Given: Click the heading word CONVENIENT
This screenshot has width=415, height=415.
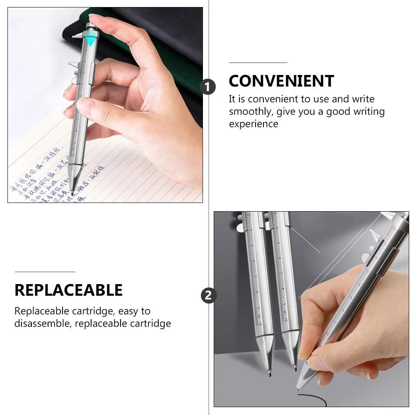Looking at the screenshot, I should coord(281,81).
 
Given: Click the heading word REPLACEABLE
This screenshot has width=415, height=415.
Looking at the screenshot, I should coord(68,290).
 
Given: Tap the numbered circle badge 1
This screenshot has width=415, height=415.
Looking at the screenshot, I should coord(208,87).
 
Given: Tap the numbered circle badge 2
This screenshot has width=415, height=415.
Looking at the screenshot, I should coord(208,296).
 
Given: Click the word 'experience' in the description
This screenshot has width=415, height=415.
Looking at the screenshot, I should coord(253,124).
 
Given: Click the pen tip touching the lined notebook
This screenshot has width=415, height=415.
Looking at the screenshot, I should coord(73,193).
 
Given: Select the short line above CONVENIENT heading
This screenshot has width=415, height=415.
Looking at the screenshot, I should coord(258,63).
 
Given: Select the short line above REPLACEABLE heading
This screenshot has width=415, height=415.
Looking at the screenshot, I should coord(45,272).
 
